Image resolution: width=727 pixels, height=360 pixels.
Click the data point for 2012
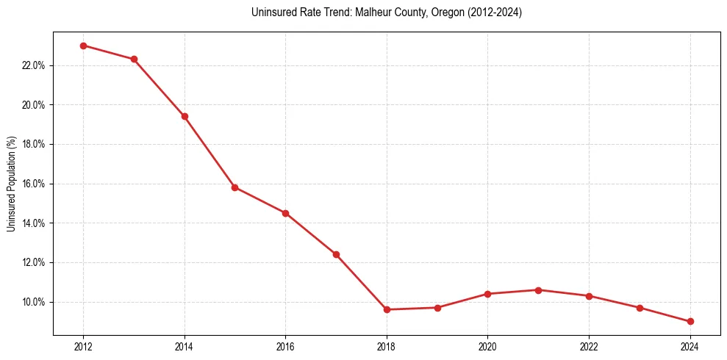83,46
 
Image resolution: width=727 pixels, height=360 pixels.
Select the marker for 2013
134,60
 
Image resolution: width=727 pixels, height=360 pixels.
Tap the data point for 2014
185,116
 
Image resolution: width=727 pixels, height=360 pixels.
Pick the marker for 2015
235,187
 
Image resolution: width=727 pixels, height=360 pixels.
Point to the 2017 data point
336,254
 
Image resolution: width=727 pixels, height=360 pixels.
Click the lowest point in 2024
690,322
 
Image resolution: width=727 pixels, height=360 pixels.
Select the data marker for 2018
387,309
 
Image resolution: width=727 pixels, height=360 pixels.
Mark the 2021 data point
538,290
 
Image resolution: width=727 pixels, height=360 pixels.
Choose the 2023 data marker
640,308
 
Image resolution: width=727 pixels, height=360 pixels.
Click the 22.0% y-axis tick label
34,65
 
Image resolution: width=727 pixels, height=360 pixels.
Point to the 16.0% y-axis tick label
34,184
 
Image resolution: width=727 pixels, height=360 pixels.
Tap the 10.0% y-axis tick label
34,302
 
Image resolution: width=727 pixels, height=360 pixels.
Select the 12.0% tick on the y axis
34,262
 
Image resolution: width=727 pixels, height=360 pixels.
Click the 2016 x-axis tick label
285,347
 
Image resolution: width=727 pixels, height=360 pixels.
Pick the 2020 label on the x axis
488,347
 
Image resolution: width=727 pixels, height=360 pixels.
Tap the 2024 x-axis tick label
690,347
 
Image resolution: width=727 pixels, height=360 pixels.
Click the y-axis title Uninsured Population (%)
11,184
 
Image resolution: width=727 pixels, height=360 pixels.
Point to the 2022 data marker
589,296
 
